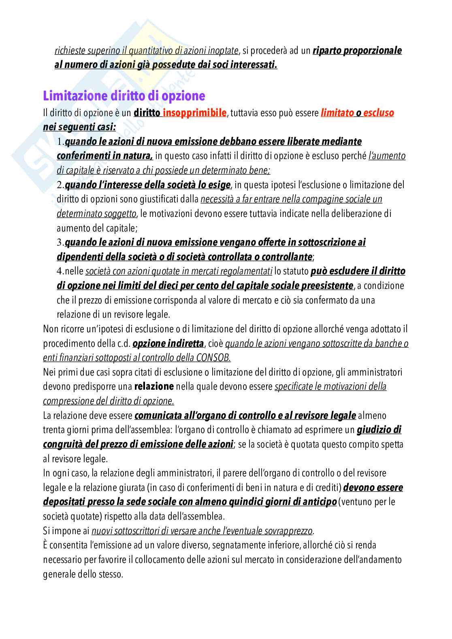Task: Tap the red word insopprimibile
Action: click(x=194, y=113)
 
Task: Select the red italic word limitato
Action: click(x=337, y=113)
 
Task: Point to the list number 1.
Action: click(x=60, y=142)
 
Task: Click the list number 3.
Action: click(x=60, y=242)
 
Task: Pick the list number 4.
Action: click(x=60, y=271)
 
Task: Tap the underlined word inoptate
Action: click(x=223, y=51)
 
